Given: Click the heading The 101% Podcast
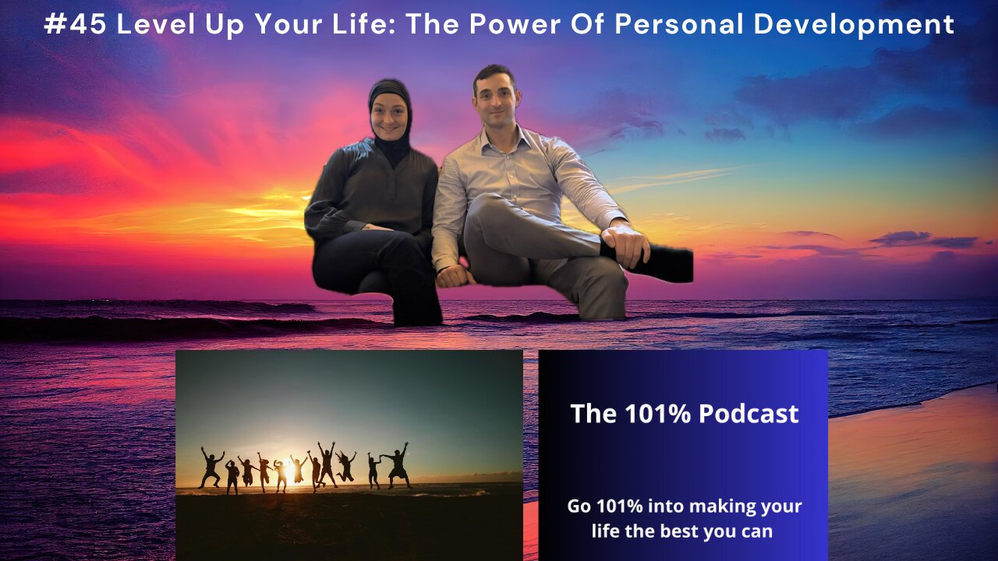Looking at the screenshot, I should (x=684, y=413).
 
